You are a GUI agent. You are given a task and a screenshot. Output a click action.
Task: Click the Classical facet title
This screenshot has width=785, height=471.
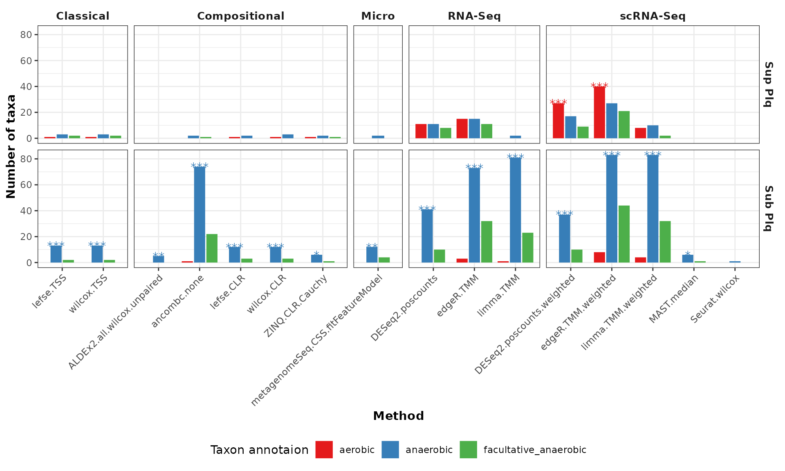click(x=83, y=16)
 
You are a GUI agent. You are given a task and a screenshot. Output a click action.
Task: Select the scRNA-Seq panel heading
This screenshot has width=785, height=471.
click(x=653, y=16)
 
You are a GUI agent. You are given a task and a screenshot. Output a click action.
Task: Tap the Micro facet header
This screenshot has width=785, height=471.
click(x=378, y=16)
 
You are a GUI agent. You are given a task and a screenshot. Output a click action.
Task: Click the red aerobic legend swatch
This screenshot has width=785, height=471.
click(x=324, y=450)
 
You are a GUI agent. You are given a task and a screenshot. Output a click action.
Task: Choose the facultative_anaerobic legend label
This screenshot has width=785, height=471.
click(x=535, y=450)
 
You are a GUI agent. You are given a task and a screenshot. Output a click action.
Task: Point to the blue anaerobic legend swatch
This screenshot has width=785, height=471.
click(x=390, y=450)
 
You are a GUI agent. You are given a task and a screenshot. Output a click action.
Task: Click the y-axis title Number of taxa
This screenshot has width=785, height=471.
click(x=11, y=146)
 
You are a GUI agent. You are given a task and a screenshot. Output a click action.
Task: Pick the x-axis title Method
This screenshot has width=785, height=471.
click(x=398, y=416)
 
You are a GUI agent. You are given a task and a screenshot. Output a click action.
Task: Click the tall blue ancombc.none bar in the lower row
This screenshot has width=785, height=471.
click(x=200, y=215)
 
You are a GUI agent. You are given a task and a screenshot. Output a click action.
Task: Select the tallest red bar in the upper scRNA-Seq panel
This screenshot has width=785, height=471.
click(x=599, y=112)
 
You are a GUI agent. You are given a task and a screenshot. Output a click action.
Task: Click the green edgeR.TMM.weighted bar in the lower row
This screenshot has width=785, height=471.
click(x=624, y=234)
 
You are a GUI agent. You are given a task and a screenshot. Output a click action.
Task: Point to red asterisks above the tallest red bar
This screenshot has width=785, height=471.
click(x=599, y=85)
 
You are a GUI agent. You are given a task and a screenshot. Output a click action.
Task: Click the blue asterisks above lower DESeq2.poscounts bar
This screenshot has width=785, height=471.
click(x=427, y=209)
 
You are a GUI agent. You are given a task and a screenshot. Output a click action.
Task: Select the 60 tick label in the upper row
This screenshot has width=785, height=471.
click(x=26, y=61)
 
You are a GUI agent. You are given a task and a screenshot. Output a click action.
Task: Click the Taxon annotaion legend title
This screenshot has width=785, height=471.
click(x=259, y=450)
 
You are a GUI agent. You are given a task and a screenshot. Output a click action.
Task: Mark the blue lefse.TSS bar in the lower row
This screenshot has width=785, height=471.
click(x=56, y=254)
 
